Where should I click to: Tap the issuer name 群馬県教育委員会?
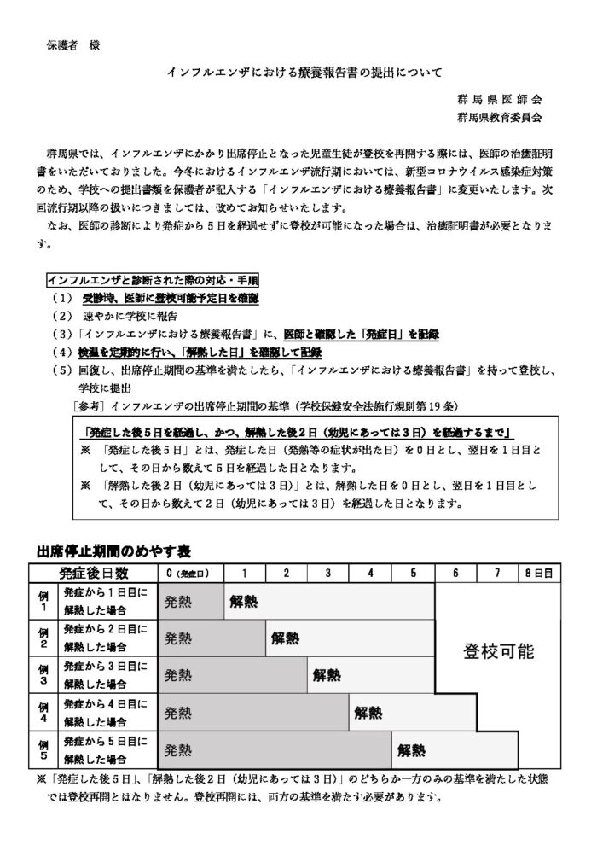[498, 117]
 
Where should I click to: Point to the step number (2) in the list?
[63, 315]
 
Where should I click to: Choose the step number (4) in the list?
[63, 352]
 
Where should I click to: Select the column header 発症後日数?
[94, 572]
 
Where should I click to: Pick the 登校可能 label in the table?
[499, 652]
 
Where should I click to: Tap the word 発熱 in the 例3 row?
[178, 676]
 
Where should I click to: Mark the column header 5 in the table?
[413, 572]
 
